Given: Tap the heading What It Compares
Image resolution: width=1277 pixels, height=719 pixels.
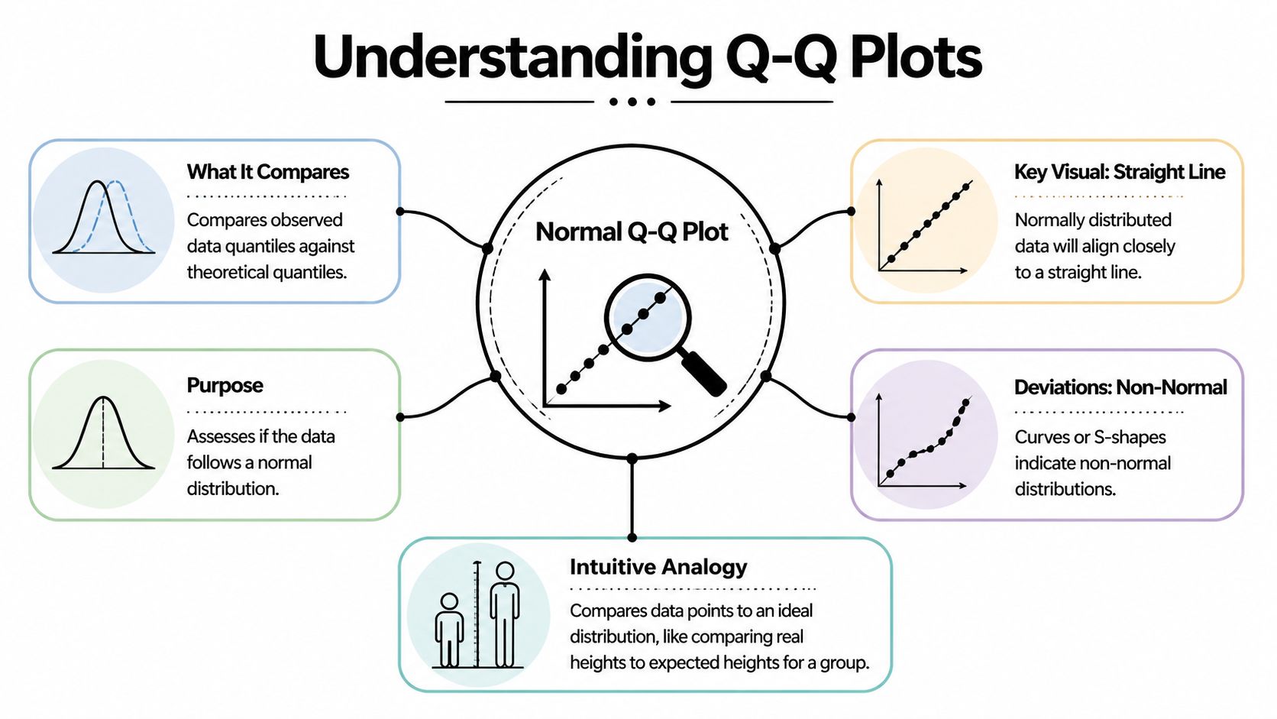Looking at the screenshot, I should coord(267,172).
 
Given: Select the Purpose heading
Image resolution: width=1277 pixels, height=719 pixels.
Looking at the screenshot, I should coord(225,385).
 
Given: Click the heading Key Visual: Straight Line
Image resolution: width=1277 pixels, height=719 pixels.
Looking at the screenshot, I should coord(1119,172).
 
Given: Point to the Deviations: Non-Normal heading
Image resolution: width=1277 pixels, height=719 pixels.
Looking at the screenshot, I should coord(1120,387).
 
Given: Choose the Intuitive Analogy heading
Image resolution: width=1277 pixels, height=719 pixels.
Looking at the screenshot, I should coord(658,567).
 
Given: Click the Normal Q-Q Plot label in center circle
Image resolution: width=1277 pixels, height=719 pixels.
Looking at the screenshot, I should coord(632,232).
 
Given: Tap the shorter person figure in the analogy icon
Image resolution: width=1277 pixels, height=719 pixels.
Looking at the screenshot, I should coord(449,630).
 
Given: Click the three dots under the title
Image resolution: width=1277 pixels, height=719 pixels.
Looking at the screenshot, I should coord(632,102).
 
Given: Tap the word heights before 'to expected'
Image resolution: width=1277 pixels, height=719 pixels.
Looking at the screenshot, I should coord(597,662).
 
